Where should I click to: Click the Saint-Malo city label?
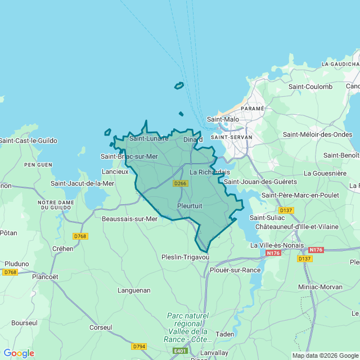(223, 119)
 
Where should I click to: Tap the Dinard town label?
(192, 139)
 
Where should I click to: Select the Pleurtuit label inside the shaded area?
(190, 206)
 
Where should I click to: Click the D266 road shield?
(181, 183)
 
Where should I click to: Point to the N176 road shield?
(273, 253)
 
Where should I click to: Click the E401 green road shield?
(181, 351)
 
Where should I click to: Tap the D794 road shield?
(139, 346)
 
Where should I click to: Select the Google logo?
(19, 353)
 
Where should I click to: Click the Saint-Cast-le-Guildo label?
(28, 141)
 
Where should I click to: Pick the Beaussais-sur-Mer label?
(129, 219)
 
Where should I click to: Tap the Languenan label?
(134, 290)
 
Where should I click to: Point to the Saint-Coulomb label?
(310, 87)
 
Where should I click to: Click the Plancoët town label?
(45, 277)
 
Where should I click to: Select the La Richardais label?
(209, 172)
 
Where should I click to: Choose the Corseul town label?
(101, 327)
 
